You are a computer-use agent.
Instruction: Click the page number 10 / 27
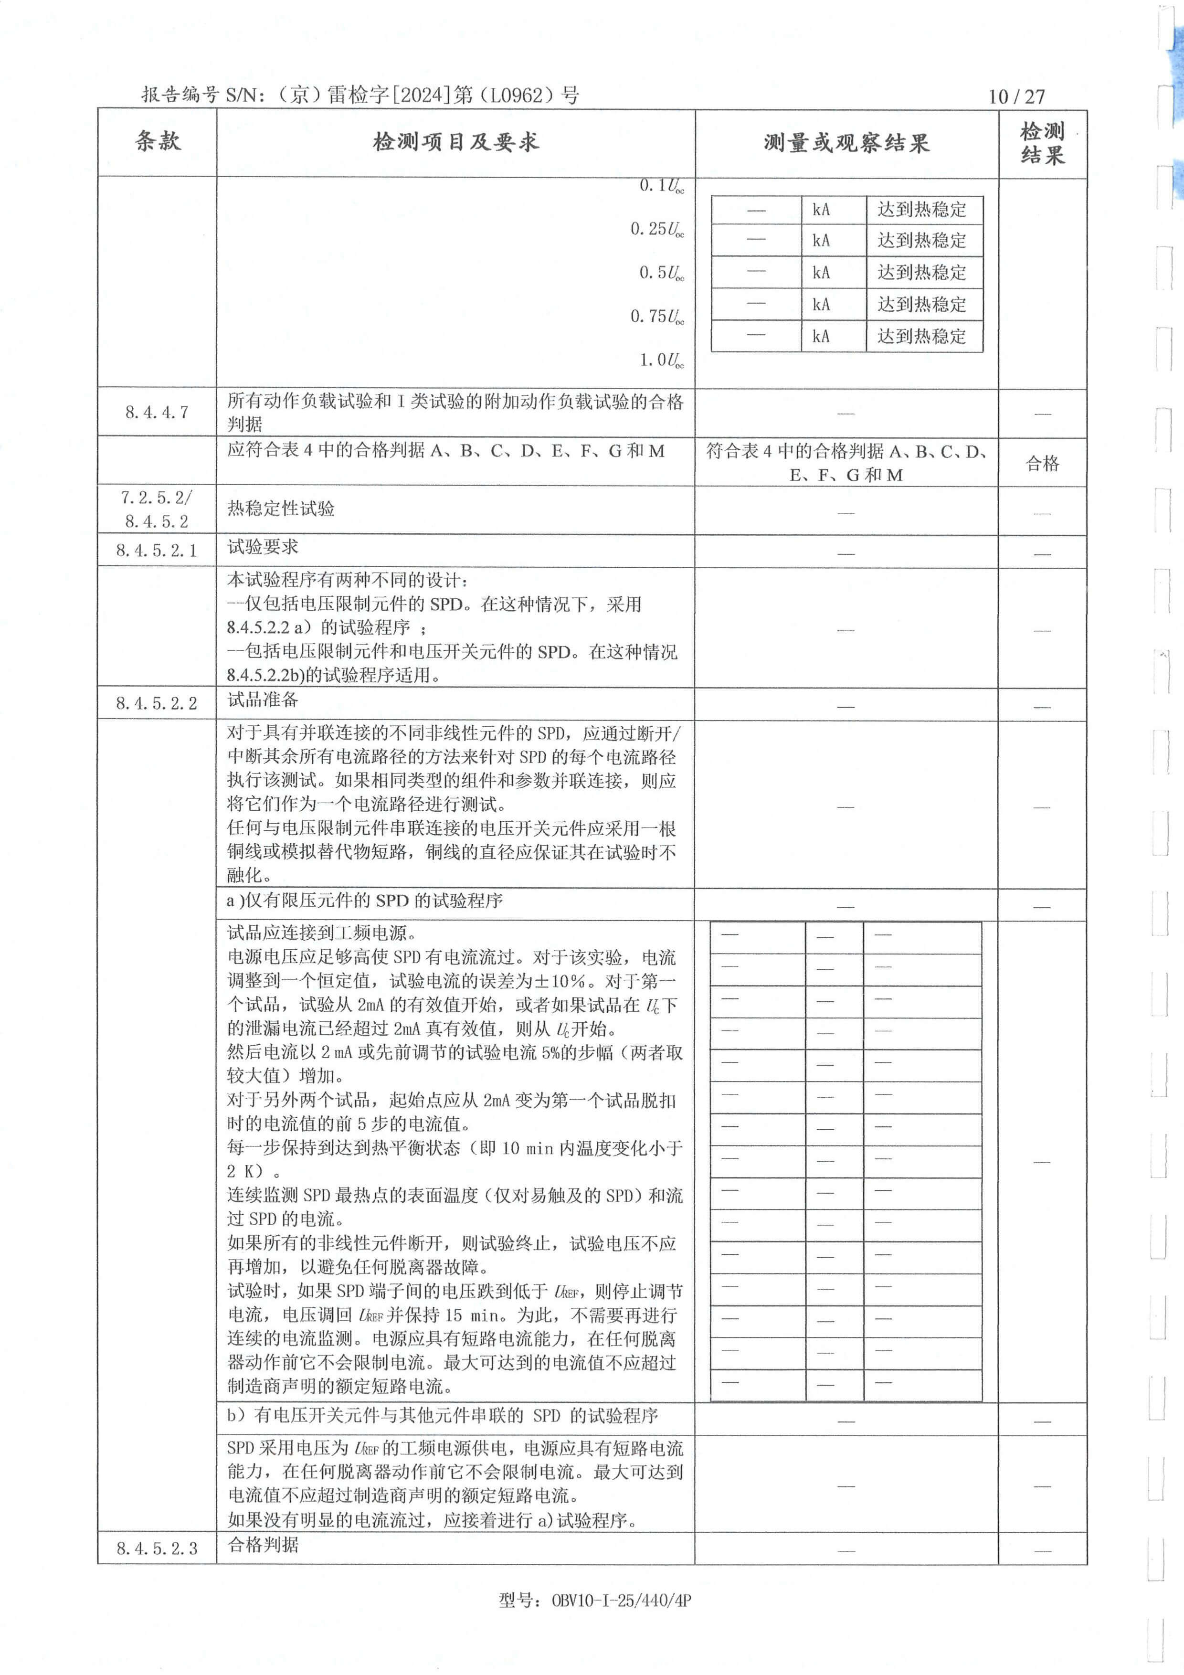[x=1016, y=96]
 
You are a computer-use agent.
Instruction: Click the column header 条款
[x=158, y=141]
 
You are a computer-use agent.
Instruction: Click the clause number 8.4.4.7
[x=157, y=412]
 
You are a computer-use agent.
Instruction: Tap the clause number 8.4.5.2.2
[x=157, y=703]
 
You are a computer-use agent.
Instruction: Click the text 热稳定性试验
[x=281, y=509]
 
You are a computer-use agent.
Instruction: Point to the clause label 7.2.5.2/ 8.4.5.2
[x=157, y=509]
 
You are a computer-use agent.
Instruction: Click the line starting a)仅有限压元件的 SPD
[x=365, y=901]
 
